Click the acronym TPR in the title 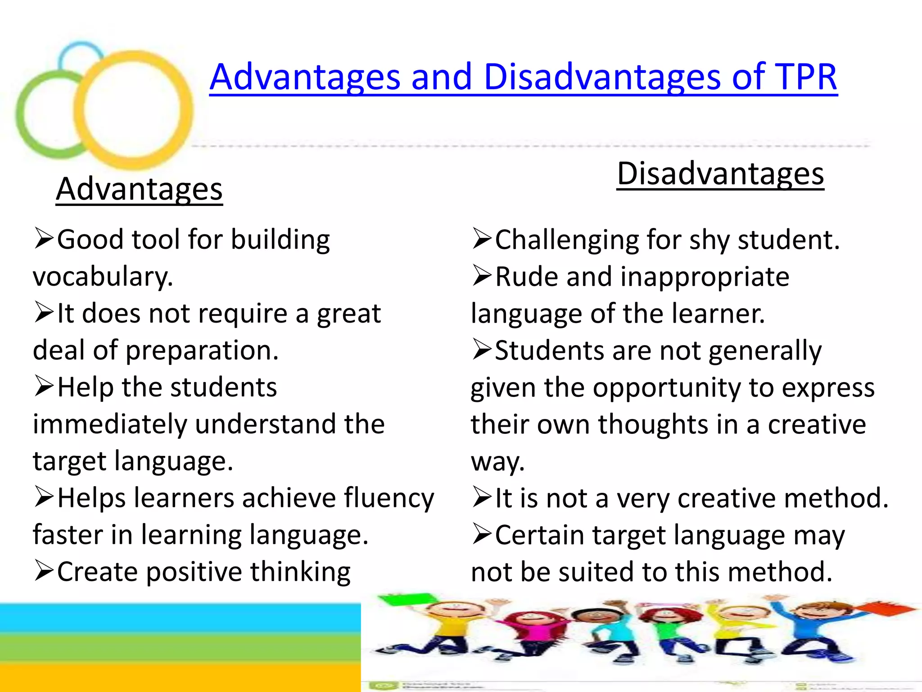(x=805, y=77)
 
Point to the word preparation (x=202, y=350)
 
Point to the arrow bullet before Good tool (x=44, y=239)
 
